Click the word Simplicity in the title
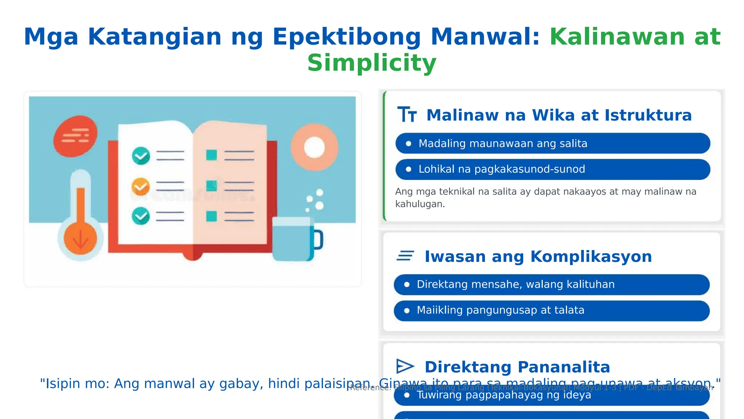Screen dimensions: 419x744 [372, 63]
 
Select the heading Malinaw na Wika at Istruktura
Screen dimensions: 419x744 [559, 115]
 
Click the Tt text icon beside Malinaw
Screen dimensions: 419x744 [407, 115]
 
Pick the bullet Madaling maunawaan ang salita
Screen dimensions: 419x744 [503, 144]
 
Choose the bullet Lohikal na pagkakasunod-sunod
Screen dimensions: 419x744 [502, 169]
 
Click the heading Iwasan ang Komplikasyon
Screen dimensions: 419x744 [538, 256]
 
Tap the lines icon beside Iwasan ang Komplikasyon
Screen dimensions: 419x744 [405, 256]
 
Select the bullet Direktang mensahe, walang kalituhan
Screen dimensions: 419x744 [515, 284]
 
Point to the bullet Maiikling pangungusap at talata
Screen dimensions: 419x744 [500, 310]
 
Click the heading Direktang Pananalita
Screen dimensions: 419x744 [517, 367]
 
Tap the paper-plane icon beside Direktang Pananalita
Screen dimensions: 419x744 [405, 366]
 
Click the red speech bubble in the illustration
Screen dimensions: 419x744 [75, 136]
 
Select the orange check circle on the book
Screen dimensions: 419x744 [141, 187]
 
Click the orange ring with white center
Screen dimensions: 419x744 [314, 147]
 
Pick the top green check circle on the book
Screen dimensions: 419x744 [141, 156]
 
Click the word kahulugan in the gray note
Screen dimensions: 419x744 [420, 204]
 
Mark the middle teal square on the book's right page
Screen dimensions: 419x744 [211, 185]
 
